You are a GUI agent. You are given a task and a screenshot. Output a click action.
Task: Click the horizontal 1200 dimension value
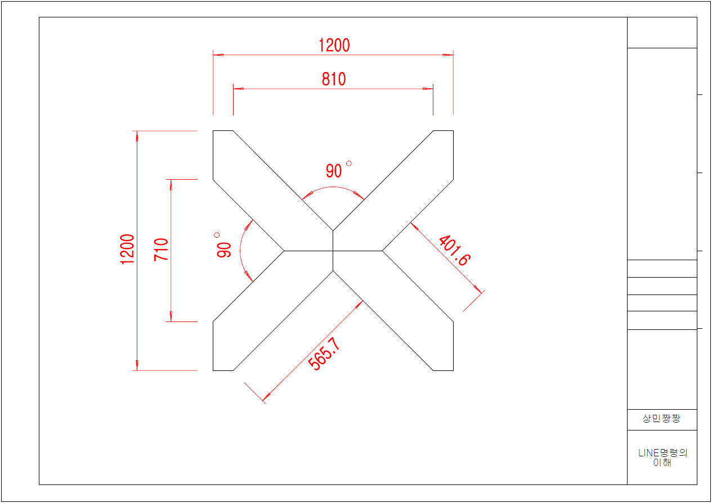[334, 45]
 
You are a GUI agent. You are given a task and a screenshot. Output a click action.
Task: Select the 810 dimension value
[334, 79]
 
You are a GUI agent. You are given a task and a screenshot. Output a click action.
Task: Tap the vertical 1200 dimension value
[127, 250]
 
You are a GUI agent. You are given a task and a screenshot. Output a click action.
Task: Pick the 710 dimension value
[162, 249]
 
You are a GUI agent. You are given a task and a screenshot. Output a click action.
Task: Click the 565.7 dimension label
[325, 354]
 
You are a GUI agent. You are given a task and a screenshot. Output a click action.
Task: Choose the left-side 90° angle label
[223, 246]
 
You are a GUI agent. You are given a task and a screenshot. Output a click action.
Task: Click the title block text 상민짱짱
[661, 419]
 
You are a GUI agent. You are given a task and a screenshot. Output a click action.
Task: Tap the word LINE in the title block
[648, 453]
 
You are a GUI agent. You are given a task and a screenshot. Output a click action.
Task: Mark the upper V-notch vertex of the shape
[333, 230]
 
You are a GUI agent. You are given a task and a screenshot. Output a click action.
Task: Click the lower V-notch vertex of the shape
[333, 271]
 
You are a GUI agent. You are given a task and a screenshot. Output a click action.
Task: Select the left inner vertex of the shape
[284, 251]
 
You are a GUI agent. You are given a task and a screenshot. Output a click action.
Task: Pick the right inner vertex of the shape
[383, 251]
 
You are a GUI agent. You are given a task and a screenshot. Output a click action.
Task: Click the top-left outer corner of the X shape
[213, 131]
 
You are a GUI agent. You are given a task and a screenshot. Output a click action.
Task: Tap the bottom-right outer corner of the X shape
[453, 370]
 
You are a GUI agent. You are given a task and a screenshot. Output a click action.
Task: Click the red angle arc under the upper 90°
[333, 187]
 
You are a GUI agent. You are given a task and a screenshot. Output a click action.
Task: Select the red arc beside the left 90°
[241, 251]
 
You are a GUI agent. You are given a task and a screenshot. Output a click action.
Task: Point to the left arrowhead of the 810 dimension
[238, 89]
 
